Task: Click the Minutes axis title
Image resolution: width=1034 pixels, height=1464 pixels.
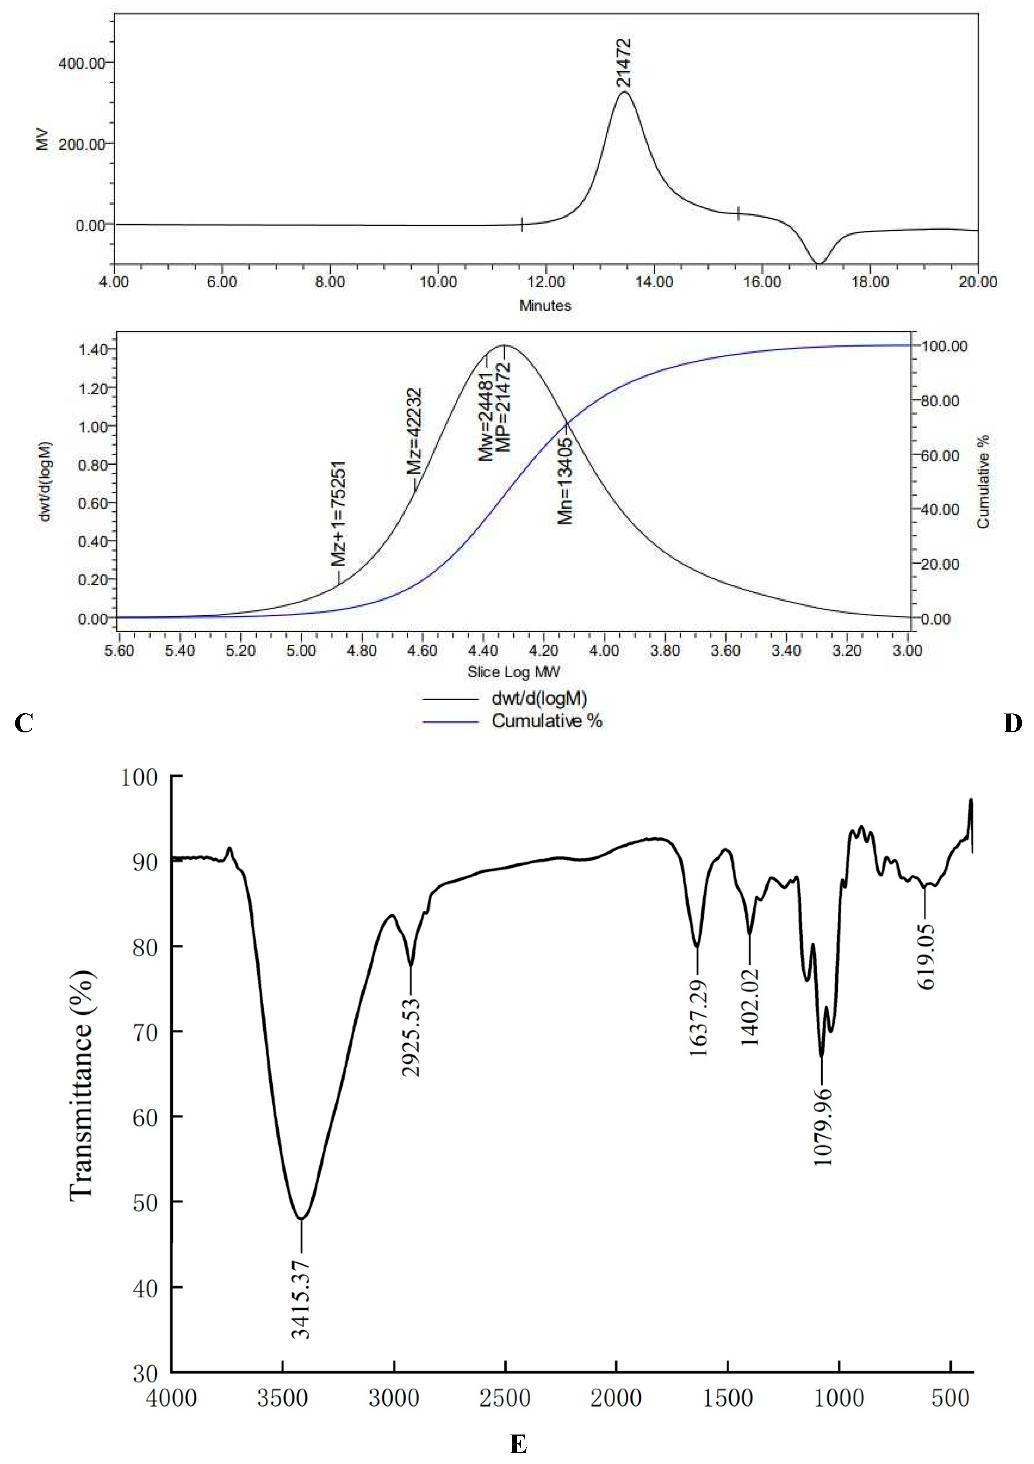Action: [545, 305]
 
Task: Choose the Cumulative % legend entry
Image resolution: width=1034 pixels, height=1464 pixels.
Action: [546, 721]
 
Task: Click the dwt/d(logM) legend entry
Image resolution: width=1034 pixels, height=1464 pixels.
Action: [539, 698]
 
